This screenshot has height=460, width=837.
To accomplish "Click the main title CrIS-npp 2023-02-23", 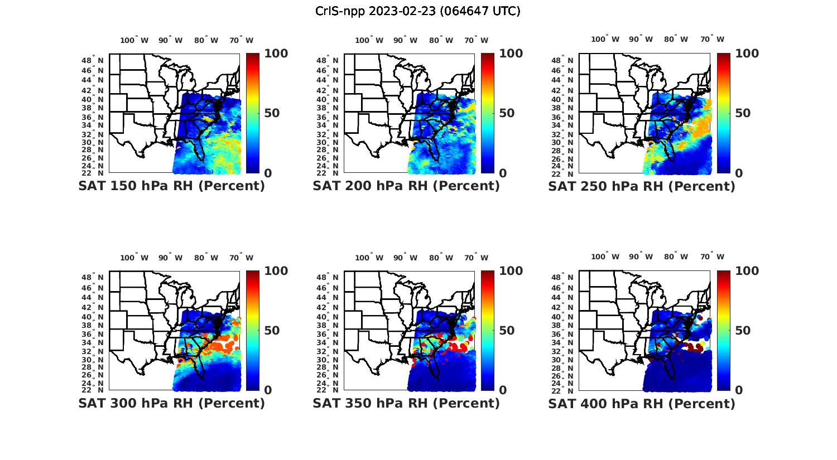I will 418,11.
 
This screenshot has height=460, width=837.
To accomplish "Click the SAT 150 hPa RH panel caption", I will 171,186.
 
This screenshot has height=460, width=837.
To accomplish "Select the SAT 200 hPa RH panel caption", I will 406,186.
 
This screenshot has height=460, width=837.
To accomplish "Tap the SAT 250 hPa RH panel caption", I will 642,186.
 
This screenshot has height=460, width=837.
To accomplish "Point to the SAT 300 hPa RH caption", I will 171,403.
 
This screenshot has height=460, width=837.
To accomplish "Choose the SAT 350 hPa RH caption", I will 406,403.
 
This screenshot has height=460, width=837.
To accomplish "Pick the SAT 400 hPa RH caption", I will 642,403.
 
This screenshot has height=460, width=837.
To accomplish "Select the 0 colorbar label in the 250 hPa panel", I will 739,173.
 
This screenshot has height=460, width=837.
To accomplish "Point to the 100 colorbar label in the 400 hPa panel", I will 747,271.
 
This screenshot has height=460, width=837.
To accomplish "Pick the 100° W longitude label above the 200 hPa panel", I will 369,40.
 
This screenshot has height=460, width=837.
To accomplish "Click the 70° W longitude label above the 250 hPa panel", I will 712,39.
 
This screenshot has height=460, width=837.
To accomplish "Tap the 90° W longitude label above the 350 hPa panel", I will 405,258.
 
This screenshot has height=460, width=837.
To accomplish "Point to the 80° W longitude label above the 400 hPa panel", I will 676,256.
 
